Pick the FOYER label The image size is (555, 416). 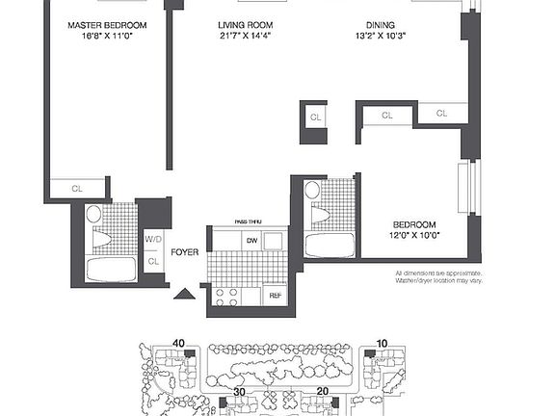coord(185,253)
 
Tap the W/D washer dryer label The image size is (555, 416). coord(153,239)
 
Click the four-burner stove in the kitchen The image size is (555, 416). coord(227,297)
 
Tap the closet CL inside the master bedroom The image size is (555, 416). coord(77,189)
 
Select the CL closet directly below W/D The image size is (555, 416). coord(153,261)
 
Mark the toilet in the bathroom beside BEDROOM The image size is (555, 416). coord(313,194)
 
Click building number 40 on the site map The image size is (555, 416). coord(178,342)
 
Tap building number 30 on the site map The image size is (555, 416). coord(240,392)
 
